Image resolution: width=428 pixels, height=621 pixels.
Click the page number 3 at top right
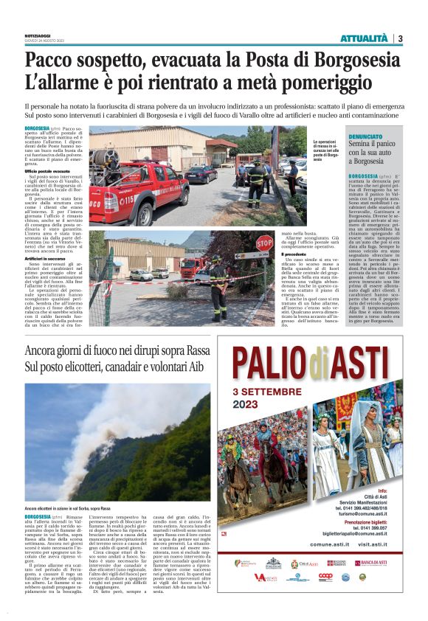click(399, 38)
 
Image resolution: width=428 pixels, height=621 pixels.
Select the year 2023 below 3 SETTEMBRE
click(251, 404)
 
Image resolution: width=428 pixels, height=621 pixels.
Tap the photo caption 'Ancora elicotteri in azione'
click(66, 509)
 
